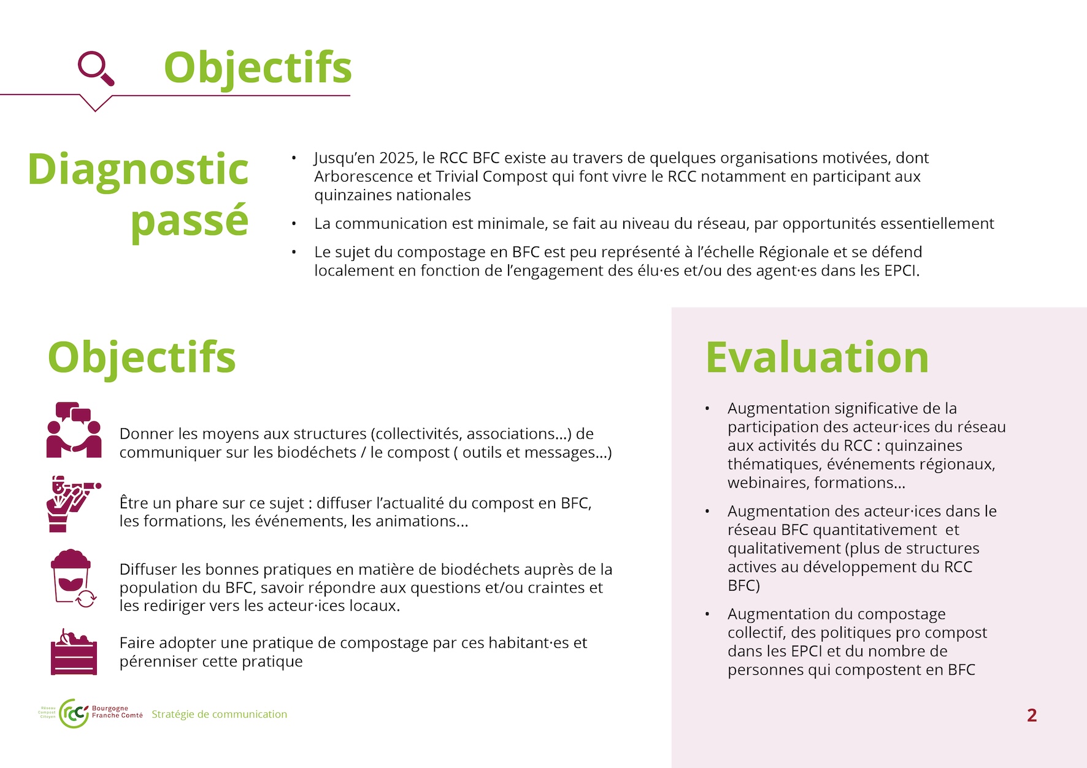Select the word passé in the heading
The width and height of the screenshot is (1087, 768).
(190, 221)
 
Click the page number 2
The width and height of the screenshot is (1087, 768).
(1032, 715)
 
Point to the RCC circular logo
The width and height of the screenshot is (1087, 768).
(74, 713)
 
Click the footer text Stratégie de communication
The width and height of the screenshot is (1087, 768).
(219, 714)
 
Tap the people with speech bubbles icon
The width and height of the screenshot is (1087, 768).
(74, 430)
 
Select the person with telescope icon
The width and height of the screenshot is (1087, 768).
(73, 504)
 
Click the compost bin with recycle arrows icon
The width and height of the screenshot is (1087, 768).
(72, 578)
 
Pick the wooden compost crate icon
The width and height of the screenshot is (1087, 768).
(74, 652)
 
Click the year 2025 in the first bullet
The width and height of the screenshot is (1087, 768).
(398, 158)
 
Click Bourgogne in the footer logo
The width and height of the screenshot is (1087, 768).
(110, 708)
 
